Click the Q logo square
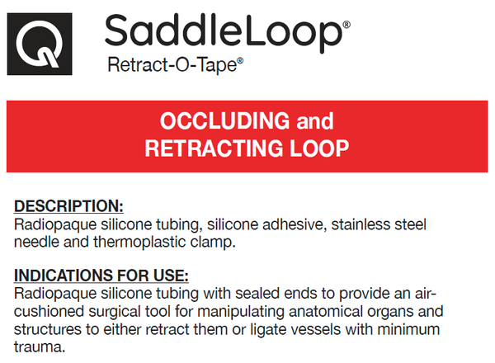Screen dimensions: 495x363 coord(40,44)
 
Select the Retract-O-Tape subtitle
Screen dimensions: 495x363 coord(172,65)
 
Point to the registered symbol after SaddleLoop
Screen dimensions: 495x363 coord(346,25)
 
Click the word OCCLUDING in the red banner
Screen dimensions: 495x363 coord(224,120)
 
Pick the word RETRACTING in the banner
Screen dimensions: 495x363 coord(214,148)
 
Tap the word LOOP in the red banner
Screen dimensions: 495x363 coord(319,148)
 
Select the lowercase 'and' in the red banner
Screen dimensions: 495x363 coord(315,121)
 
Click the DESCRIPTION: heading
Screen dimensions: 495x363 coord(68,206)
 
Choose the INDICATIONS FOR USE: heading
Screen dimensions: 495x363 coord(101,276)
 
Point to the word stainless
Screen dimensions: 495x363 coord(359,224)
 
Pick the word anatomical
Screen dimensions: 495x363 coord(326,312)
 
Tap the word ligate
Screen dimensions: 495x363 coord(268,330)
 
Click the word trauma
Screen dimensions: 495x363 coord(40,347)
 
